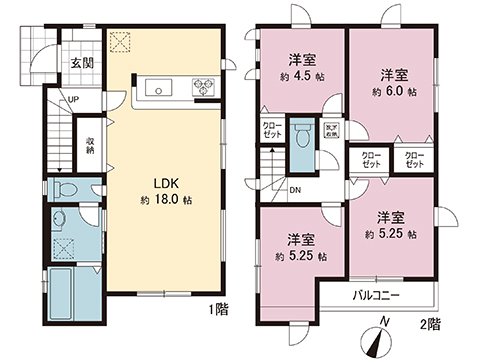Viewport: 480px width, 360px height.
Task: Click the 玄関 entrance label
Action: (81, 62)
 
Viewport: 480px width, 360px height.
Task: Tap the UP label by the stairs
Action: (74, 99)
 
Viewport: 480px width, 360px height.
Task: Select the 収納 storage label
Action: (90, 146)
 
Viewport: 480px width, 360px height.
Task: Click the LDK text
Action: (164, 184)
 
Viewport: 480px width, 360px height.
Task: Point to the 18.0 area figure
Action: (169, 200)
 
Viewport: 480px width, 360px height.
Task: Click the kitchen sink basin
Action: (159, 89)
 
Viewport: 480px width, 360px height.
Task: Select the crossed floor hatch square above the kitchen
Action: (122, 42)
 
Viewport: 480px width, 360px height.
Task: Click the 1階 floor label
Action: (219, 309)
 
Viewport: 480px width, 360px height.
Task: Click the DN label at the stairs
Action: (296, 189)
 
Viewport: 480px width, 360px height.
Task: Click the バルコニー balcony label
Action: (378, 297)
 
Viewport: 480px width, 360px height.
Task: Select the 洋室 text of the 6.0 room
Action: (393, 74)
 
